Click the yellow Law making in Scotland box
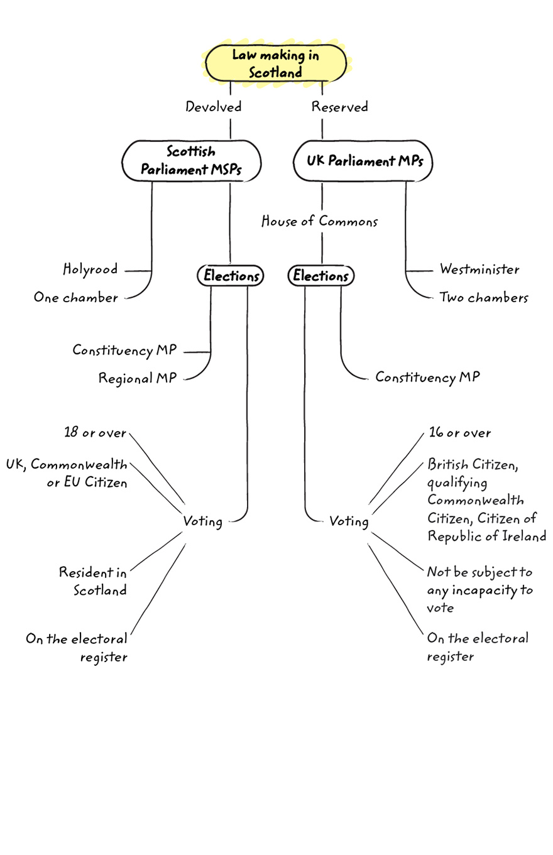click(276, 63)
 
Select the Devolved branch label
click(214, 107)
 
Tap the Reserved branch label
click(340, 107)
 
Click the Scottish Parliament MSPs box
click(190, 161)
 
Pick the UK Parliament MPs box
click(364, 161)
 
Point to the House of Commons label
click(320, 221)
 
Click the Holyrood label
click(90, 270)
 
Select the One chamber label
click(76, 298)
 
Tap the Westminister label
click(479, 270)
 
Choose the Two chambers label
click(483, 298)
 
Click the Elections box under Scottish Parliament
click(231, 275)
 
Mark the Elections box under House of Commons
click(321, 275)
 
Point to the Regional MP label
click(137, 378)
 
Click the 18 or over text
click(95, 433)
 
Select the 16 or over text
click(460, 433)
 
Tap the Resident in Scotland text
click(93, 581)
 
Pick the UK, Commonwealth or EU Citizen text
click(67, 474)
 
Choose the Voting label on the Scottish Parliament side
click(202, 521)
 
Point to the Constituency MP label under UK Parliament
click(427, 377)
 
